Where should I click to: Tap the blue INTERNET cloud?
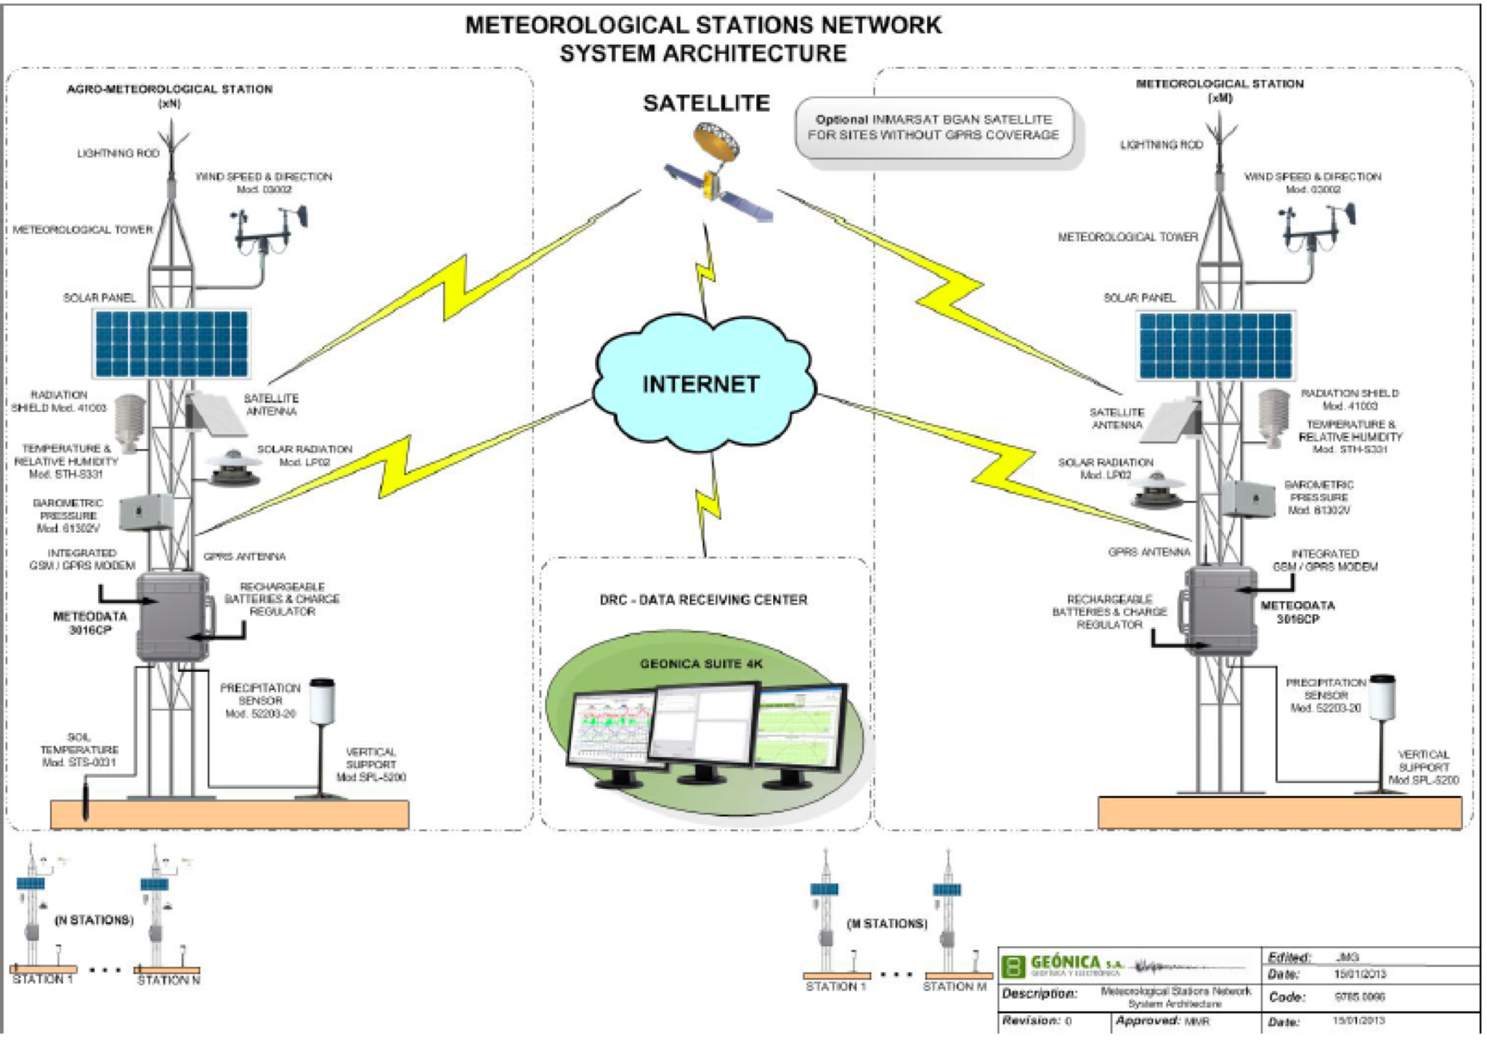pos(702,384)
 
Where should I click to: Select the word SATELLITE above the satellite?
pos(706,103)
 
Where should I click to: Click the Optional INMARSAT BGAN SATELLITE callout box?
pos(934,128)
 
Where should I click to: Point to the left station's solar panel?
pos(171,343)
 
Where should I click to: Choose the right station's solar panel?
pos(1215,345)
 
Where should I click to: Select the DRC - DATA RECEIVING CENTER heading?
pos(704,600)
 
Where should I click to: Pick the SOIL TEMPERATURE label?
pos(79,749)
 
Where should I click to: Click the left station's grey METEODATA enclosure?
pos(173,615)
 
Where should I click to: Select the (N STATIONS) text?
pos(94,920)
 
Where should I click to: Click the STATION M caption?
pos(955,986)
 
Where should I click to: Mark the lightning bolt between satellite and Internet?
pos(706,271)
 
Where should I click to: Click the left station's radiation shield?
pos(130,422)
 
